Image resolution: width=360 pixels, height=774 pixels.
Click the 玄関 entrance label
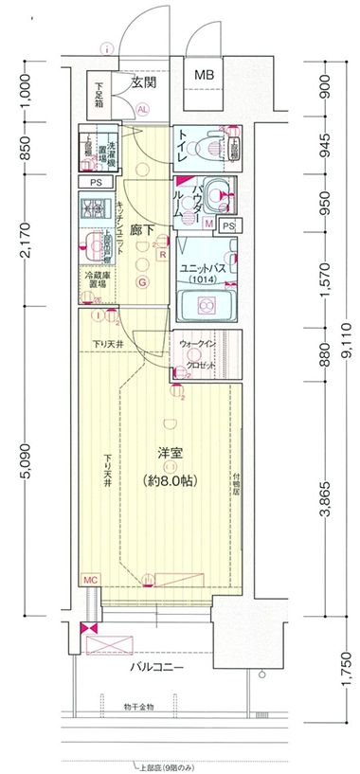pyautogui.click(x=143, y=82)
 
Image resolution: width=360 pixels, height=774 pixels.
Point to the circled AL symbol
pyautogui.click(x=143, y=109)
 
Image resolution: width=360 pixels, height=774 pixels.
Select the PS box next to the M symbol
pyautogui.click(x=227, y=225)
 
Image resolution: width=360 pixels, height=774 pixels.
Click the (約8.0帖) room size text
pyautogui.click(x=170, y=481)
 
